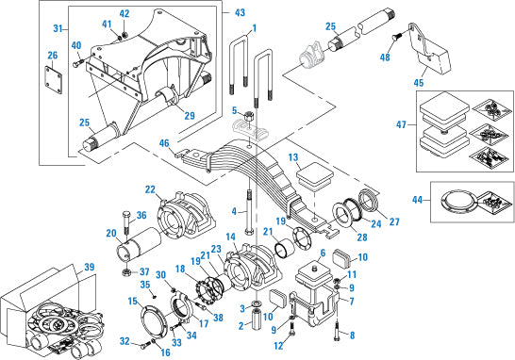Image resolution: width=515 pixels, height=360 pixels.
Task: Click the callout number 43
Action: coord(240,12)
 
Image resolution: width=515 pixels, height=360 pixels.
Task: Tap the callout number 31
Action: coord(58,28)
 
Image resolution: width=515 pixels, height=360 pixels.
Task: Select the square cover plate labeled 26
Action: coord(54,80)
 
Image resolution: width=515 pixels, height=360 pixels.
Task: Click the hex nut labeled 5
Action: coord(249,116)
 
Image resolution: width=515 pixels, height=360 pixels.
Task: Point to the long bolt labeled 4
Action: coord(249,212)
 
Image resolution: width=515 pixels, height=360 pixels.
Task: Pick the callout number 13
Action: coord(293,157)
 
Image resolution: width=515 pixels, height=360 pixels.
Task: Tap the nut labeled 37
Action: coord(125,272)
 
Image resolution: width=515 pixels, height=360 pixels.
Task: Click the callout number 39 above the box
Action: coord(90,267)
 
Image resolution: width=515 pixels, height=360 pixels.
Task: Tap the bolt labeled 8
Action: coord(337,332)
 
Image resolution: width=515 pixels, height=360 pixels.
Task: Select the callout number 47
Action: coord(401,124)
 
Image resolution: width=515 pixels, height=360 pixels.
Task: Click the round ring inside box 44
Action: coord(457,201)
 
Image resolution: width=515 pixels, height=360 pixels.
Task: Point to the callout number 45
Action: coord(419,83)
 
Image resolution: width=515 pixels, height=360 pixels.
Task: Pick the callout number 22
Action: coord(150,189)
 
